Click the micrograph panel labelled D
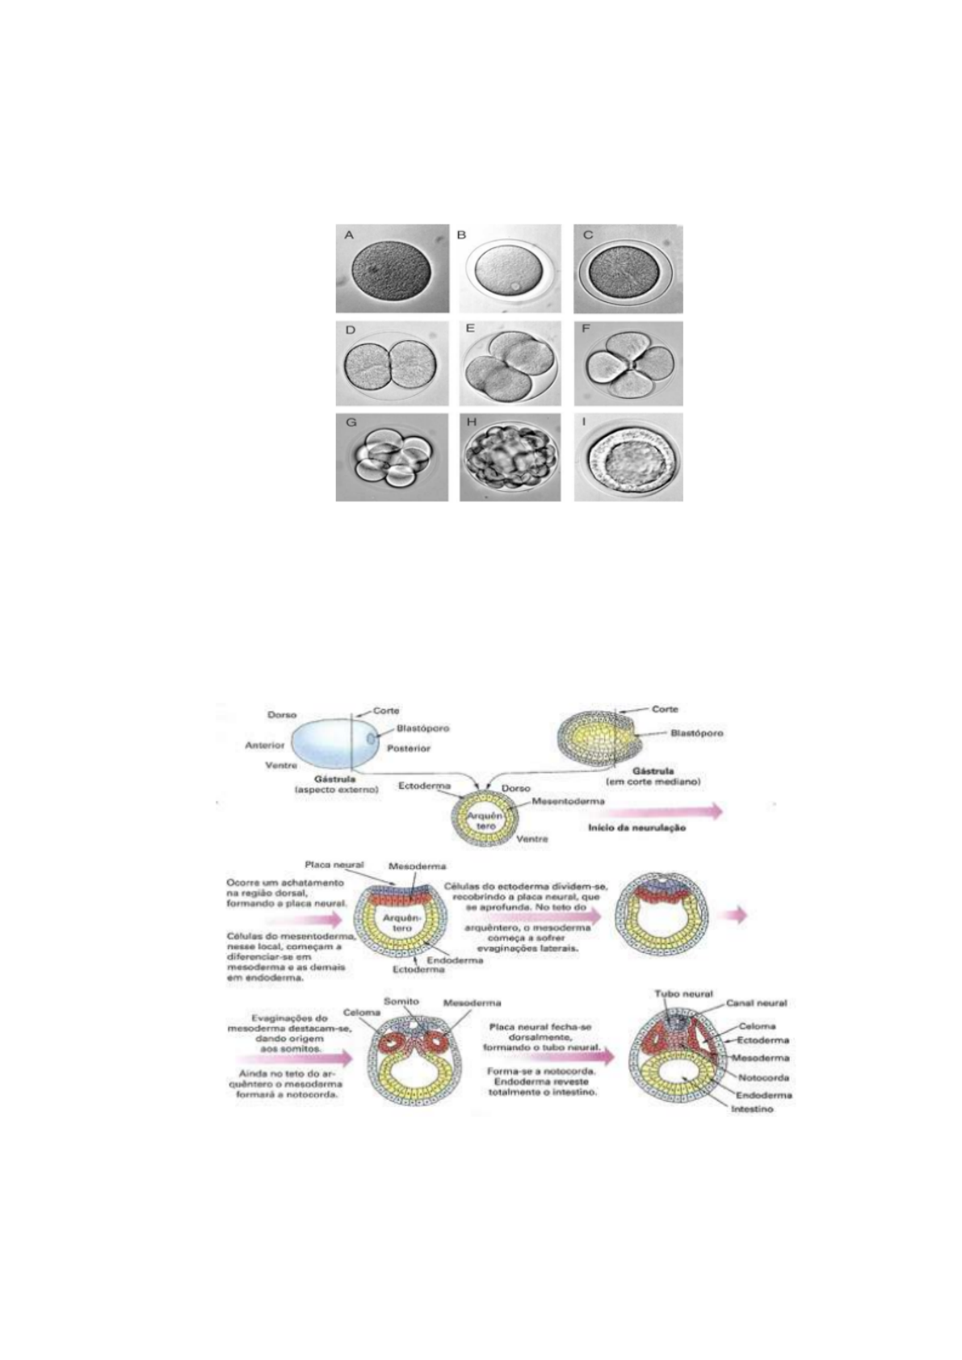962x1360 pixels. tap(392, 363)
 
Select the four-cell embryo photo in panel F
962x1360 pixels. tap(628, 363)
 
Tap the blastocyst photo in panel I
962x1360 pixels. tap(628, 457)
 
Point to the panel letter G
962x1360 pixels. tap(350, 422)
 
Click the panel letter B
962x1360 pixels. tap(463, 235)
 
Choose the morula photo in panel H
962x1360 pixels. tap(510, 457)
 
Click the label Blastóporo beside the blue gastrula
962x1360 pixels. tap(422, 728)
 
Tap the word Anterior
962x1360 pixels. tap(265, 745)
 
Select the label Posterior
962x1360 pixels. tap(409, 748)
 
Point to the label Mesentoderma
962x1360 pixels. tap(568, 803)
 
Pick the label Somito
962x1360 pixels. tap(401, 1001)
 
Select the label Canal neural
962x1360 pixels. tap(756, 1003)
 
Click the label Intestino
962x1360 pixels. tap(752, 1109)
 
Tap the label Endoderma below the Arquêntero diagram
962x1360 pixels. tap(457, 960)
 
